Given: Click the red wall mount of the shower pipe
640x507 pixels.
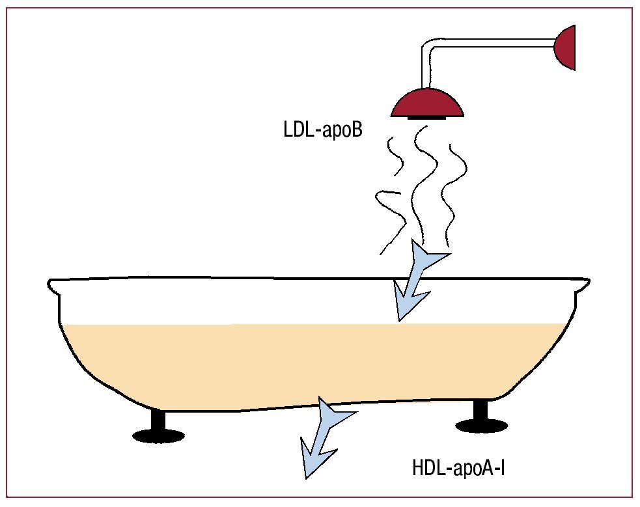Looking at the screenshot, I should click(x=565, y=47).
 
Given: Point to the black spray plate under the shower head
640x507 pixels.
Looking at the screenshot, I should click(x=427, y=118).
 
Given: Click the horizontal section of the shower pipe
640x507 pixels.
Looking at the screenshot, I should click(x=495, y=44).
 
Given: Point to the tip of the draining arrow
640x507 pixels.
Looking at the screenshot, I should click(x=306, y=478).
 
